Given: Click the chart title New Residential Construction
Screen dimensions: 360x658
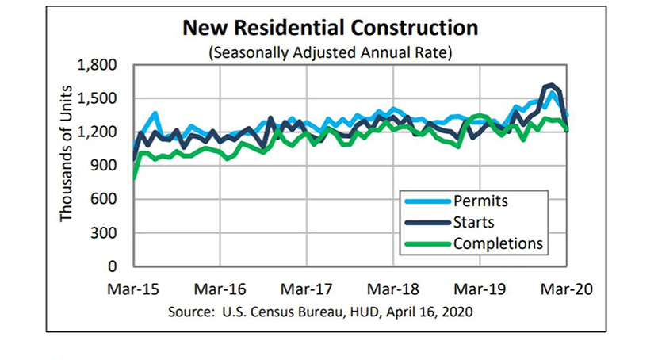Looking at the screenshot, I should tap(331, 29).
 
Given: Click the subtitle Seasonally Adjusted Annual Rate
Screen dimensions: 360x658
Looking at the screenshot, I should tap(331, 52).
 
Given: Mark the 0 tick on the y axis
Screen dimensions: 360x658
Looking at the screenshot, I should tap(113, 266).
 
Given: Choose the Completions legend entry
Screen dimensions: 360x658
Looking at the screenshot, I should tap(498, 243).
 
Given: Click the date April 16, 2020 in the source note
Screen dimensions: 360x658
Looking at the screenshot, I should tap(431, 312).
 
